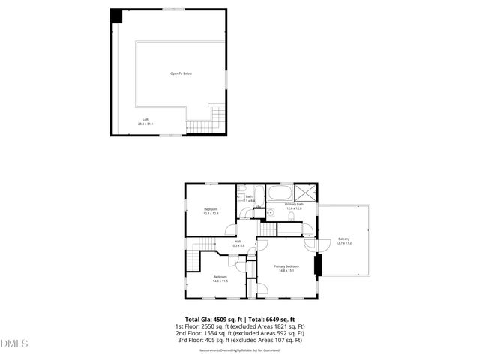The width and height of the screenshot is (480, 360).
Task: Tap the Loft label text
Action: click(145, 122)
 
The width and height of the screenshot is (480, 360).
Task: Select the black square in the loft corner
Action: click(116, 16)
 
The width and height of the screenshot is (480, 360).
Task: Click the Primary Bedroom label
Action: click(286, 268)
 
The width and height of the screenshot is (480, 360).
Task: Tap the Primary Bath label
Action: click(294, 206)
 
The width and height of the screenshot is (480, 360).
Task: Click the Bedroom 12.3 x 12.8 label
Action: click(211, 211)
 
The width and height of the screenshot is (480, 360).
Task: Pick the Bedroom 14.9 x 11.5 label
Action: click(220, 279)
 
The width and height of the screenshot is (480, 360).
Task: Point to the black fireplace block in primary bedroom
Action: click(317, 265)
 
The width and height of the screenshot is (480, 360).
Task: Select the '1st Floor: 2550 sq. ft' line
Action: click(239, 327)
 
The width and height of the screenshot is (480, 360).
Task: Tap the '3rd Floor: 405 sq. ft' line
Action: click(239, 340)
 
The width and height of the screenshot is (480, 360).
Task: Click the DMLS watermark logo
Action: click(14, 344)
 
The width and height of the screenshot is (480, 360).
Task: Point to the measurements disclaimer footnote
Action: click(239, 349)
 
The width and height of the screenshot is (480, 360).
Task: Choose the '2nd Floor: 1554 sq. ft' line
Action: click(239, 334)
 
